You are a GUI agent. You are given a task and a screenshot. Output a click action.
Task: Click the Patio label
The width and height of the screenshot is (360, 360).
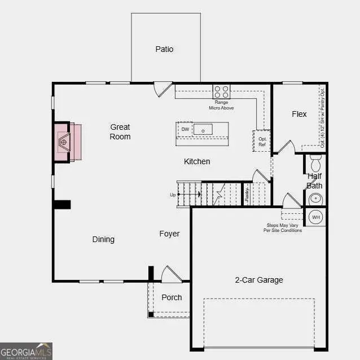[164, 49]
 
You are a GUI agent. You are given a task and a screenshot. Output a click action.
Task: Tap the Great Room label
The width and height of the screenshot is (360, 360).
[120, 132]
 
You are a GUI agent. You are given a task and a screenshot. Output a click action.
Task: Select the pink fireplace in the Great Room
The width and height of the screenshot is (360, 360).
[67, 141]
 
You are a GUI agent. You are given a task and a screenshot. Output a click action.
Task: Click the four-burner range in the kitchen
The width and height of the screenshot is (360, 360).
[221, 91]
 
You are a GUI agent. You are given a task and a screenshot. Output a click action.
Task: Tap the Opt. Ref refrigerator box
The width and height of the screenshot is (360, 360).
[262, 141]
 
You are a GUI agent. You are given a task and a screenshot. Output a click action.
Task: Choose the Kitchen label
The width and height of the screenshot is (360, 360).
[197, 161]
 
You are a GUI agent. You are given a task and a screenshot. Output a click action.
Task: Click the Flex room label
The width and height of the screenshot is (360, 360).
[299, 114]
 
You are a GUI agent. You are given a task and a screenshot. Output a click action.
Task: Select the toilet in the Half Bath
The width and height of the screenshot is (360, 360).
[315, 164]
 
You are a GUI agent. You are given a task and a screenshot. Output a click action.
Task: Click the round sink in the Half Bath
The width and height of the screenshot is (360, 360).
[316, 199]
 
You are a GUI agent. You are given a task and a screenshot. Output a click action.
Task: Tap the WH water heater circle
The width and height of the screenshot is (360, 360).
[316, 217]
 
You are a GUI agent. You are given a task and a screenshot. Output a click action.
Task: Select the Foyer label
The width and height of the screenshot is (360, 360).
[169, 234]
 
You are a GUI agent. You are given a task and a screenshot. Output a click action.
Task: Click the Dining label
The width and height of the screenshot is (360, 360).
[103, 239]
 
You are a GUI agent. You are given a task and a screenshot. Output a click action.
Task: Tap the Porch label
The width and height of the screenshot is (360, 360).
[172, 297]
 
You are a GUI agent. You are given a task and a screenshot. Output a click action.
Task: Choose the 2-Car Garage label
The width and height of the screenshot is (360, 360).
[259, 280]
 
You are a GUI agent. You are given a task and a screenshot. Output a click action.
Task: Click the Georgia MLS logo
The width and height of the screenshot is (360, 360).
[27, 351]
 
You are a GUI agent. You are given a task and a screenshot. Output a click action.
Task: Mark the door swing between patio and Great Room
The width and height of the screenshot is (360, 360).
[163, 89]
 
